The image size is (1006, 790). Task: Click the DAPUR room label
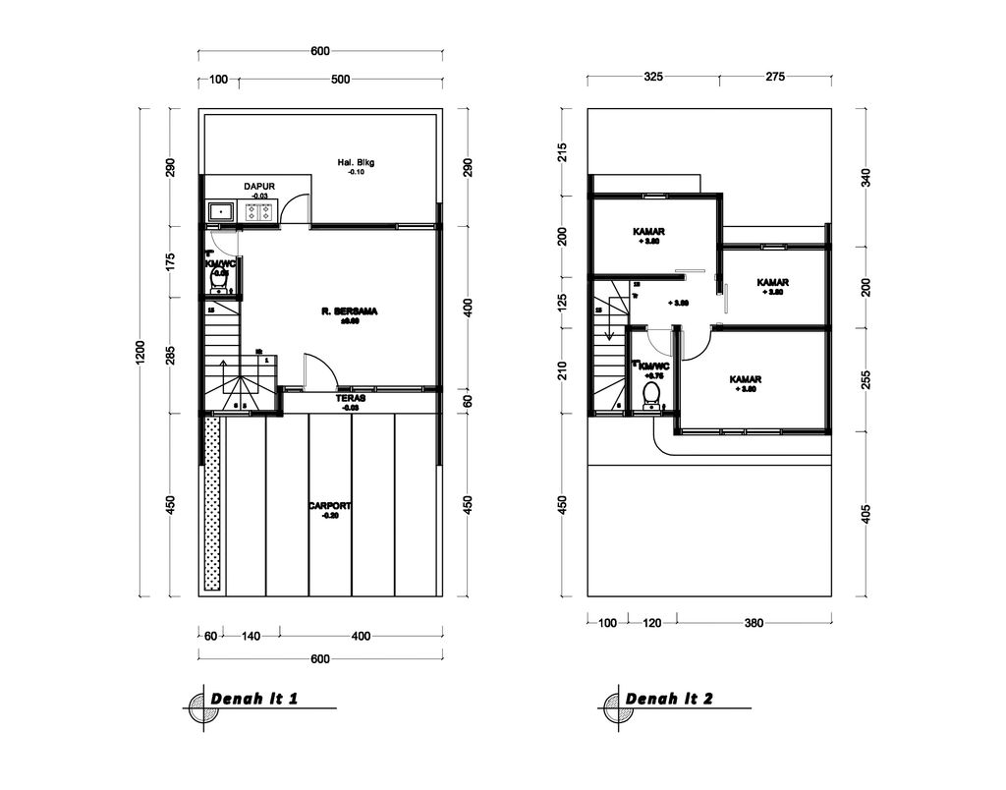click(x=259, y=186)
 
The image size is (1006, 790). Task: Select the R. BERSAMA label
click(x=349, y=311)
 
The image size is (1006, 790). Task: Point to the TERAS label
click(x=351, y=398)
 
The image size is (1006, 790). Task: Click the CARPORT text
click(x=329, y=506)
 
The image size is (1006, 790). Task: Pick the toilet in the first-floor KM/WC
click(x=220, y=281)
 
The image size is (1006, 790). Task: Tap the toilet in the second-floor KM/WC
click(x=650, y=395)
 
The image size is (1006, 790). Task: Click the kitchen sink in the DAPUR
click(x=221, y=211)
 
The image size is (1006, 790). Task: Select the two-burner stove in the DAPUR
click(x=259, y=211)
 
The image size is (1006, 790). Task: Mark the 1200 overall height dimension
click(x=141, y=352)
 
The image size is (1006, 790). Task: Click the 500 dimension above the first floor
click(x=340, y=80)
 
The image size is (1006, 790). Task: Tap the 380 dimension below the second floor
click(x=754, y=622)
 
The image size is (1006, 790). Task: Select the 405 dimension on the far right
click(x=866, y=514)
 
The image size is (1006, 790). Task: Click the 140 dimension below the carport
click(x=251, y=636)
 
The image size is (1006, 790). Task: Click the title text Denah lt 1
click(x=254, y=699)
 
